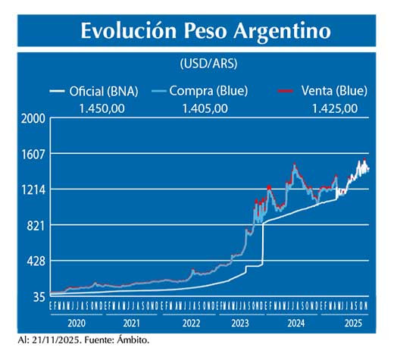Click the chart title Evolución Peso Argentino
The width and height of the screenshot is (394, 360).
point(205,31)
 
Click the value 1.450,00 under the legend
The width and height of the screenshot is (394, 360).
point(102,108)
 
